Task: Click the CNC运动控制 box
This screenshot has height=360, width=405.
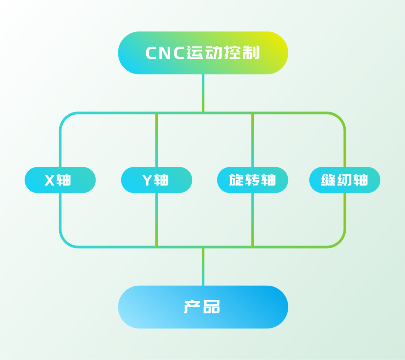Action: pos(203,53)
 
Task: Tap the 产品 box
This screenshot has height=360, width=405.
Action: pos(203,307)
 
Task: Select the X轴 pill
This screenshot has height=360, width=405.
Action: pos(60,180)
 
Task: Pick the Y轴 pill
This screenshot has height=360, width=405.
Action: pos(156,180)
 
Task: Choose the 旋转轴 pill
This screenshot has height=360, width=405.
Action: pos(252,180)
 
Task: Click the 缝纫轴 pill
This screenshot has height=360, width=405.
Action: pos(345,180)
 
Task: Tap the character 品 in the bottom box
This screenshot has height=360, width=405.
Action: pos(211,307)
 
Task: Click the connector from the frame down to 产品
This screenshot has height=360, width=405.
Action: pos(203,267)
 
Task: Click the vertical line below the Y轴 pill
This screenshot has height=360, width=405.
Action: pos(156,220)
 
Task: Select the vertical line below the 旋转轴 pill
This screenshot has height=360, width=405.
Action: pos(252,220)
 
